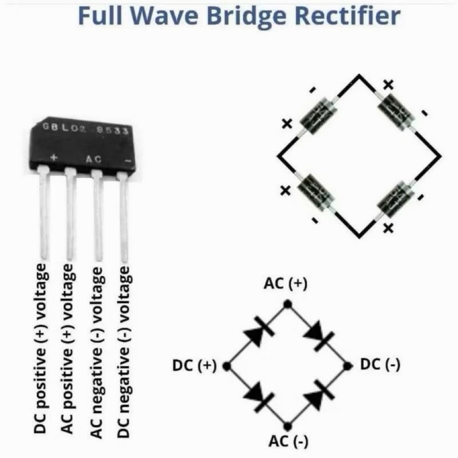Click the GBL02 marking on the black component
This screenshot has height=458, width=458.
point(64,128)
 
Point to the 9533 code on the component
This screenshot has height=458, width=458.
point(112,130)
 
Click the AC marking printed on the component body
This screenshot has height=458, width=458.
point(93,159)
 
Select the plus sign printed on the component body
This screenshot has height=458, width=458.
point(54,157)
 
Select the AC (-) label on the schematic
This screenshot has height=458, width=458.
point(288,441)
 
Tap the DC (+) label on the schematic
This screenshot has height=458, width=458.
point(194,366)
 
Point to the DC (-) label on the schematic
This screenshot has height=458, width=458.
point(380,365)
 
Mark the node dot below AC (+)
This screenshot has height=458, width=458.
point(288,304)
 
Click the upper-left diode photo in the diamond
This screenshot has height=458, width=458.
point(319,116)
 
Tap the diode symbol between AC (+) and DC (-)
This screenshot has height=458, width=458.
point(319,335)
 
